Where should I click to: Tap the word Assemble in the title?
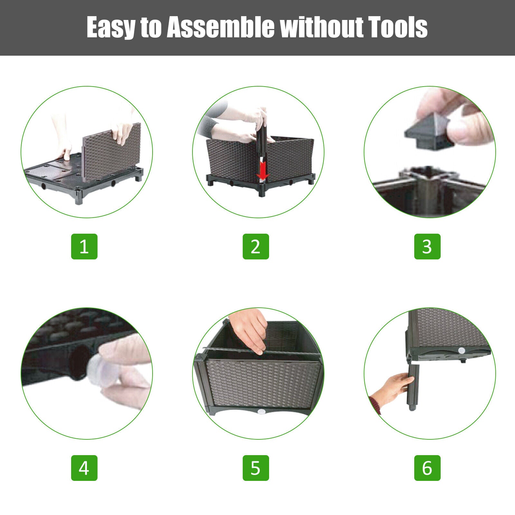pos(221,27)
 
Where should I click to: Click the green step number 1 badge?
pos(84,247)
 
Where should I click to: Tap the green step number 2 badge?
pos(256,247)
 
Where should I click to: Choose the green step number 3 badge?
pos(427,247)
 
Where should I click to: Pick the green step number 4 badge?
pos(84,468)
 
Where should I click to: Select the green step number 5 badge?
pos(256,468)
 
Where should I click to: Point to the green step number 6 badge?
pos(427,468)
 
